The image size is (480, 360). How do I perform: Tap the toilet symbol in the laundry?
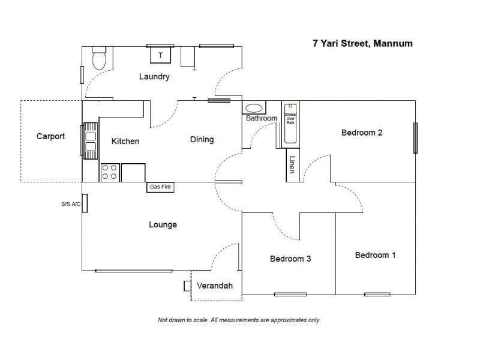[x=100, y=59]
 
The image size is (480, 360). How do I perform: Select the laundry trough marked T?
[x=160, y=55]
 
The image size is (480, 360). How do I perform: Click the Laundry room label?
[x=155, y=77]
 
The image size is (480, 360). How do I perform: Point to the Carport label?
[x=50, y=136]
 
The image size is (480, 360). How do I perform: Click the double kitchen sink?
[x=90, y=139]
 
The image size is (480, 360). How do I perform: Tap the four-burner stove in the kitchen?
[x=109, y=172]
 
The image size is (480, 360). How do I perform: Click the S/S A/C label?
[x=70, y=204]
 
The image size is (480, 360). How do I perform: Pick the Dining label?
[x=202, y=140]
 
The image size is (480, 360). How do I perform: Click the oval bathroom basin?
[x=255, y=109]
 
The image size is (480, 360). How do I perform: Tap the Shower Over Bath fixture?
[x=291, y=123]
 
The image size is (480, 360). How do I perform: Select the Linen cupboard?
[x=291, y=164]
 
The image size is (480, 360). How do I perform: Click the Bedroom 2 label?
[x=362, y=133]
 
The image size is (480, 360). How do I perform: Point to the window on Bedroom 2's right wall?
[x=415, y=138]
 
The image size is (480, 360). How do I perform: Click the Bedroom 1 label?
[x=376, y=255]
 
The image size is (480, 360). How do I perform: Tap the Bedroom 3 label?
[x=290, y=259]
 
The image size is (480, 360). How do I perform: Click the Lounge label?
[x=163, y=225]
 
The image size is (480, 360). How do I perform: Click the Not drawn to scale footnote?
[x=239, y=320]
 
